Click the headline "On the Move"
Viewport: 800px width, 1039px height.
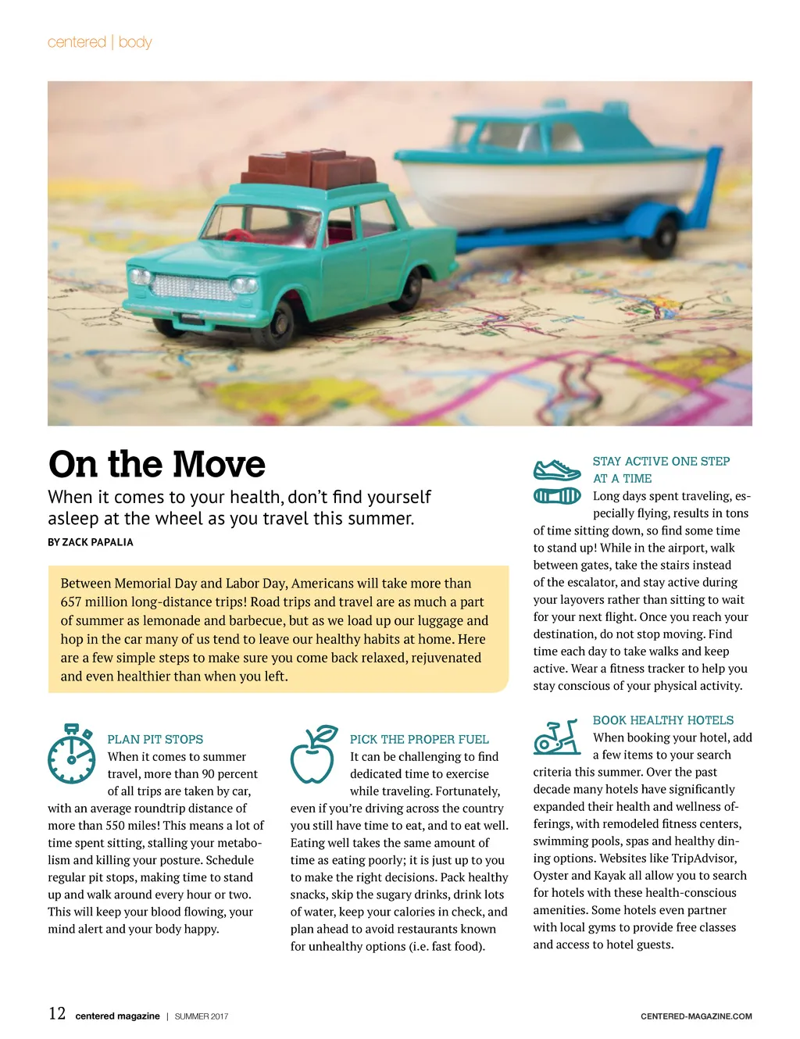click(x=157, y=464)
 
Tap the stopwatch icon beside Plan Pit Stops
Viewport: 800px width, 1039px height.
click(x=71, y=755)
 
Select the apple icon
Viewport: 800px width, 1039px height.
click(x=313, y=755)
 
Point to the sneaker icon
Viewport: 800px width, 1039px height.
click(x=557, y=470)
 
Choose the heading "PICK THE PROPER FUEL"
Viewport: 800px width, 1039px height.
click(x=419, y=739)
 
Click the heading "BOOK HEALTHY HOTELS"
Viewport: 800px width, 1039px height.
click(x=663, y=720)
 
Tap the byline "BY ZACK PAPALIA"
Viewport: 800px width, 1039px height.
click(x=91, y=542)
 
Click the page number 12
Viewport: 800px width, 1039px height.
click(x=57, y=1014)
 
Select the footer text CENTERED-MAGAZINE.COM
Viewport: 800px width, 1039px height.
click(x=696, y=1016)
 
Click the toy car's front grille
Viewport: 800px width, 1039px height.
click(x=191, y=287)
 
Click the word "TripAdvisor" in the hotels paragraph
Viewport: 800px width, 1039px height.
click(x=704, y=859)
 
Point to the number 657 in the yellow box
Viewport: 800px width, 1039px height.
click(x=73, y=602)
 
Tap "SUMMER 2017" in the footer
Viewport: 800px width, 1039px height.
click(x=202, y=1016)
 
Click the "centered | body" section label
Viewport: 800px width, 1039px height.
click(x=100, y=42)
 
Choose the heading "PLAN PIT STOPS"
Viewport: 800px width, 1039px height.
click(x=155, y=739)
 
